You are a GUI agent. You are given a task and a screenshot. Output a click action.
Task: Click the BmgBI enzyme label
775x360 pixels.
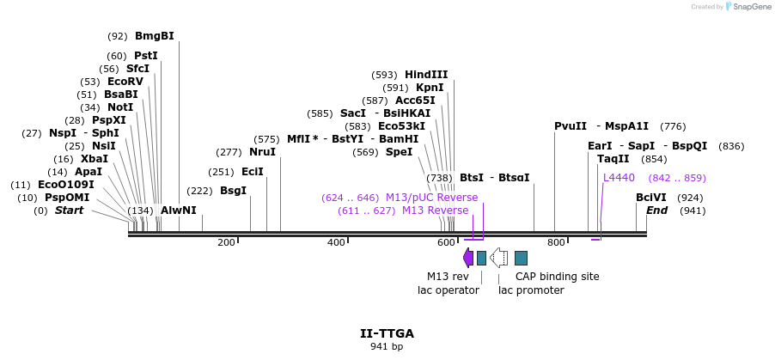[155, 36]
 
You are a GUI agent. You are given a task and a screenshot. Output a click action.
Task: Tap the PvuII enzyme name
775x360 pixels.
[571, 126]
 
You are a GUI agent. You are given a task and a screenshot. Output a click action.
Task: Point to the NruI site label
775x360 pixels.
[263, 152]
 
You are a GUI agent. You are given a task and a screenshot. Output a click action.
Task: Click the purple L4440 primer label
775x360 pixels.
[619, 178]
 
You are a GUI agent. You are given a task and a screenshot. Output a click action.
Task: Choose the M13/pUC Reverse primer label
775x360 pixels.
[431, 198]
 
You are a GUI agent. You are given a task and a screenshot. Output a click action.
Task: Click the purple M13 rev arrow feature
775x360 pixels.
[468, 258]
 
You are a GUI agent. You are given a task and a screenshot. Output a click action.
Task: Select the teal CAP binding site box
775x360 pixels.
[521, 258]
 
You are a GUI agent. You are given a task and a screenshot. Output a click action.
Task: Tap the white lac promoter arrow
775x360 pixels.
[498, 258]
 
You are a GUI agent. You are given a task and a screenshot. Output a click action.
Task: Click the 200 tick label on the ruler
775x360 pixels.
[226, 243]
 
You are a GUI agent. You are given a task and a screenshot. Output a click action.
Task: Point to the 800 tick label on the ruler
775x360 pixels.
[555, 243]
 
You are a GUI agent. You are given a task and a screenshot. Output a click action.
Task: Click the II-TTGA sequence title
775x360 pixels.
[387, 333]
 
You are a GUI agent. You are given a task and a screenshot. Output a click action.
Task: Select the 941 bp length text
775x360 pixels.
[387, 347]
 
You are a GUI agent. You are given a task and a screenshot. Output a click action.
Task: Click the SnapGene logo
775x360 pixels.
[747, 7]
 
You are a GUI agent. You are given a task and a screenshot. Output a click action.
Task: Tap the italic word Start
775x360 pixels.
[70, 211]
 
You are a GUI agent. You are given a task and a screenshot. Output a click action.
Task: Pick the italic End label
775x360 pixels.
[656, 211]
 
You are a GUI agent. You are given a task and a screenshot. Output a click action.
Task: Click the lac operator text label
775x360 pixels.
[442, 290]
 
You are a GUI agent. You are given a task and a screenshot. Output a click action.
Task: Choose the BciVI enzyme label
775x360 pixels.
[650, 198]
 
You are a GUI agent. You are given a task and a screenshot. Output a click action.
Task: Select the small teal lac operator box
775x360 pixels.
[481, 258]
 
